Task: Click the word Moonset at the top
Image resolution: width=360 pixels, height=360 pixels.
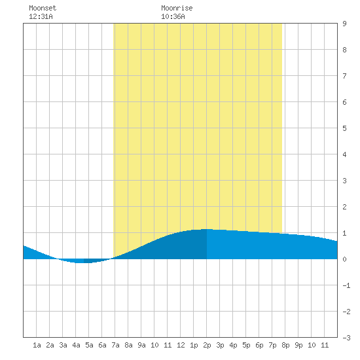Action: tap(43, 8)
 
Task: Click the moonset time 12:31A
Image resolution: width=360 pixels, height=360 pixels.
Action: tap(41, 16)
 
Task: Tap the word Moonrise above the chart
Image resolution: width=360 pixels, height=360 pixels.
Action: tap(177, 8)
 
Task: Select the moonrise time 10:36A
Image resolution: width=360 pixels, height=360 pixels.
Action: tap(173, 16)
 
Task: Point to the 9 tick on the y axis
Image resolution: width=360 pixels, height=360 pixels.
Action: tap(344, 24)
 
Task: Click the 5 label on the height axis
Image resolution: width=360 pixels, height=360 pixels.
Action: tap(344, 128)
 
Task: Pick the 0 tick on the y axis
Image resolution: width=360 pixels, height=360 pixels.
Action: tap(344, 259)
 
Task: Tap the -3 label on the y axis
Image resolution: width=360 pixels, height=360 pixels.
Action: tap(346, 338)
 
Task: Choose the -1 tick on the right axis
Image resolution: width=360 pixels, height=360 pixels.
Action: tap(346, 285)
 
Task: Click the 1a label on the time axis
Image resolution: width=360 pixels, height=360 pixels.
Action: tap(37, 345)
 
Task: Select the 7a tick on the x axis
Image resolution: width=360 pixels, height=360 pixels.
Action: tap(115, 345)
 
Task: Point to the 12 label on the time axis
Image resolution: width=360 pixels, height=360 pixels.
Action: tap(181, 345)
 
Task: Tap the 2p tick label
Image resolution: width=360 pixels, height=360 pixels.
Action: tap(207, 345)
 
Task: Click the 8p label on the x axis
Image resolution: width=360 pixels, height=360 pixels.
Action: tap(285, 345)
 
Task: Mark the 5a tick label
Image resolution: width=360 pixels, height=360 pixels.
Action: tap(89, 345)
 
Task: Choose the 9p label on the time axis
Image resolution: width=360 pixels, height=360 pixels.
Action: tap(298, 345)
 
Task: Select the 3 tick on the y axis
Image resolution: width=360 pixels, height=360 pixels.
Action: tap(344, 181)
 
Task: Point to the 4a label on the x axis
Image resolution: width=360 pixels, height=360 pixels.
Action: tap(76, 345)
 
